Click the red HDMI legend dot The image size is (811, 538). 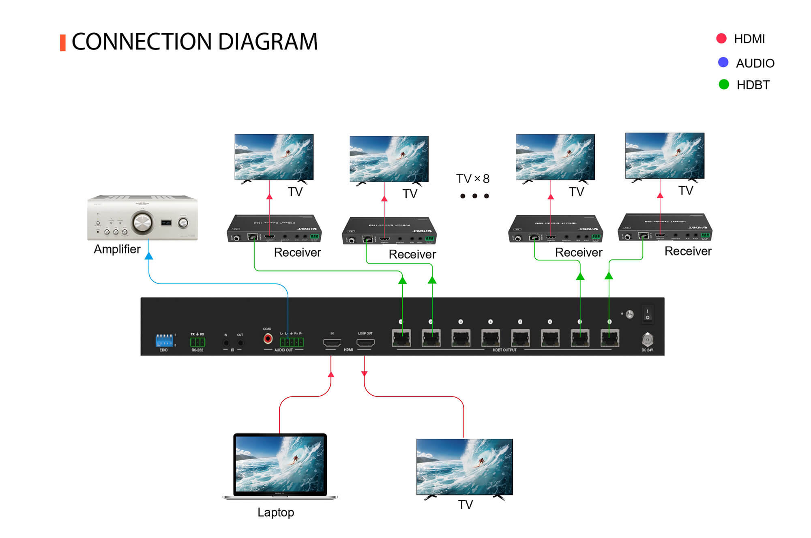(x=721, y=39)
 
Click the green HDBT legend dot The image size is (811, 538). (x=723, y=84)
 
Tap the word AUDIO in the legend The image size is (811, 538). (x=755, y=63)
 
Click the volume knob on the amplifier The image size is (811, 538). (x=142, y=222)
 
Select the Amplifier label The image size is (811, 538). (x=117, y=249)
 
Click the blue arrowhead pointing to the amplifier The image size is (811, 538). (x=149, y=256)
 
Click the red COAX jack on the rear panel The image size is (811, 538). (x=268, y=338)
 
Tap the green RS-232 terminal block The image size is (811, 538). (x=197, y=342)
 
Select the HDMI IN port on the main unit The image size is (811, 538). (x=332, y=343)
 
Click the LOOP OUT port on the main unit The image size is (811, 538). (x=365, y=343)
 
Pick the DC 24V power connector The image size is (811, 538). (x=647, y=339)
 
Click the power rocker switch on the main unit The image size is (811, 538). (x=647, y=314)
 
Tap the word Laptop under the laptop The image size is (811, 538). (x=276, y=512)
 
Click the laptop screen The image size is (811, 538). (x=280, y=464)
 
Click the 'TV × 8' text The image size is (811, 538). (x=473, y=178)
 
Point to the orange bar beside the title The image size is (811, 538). (x=62, y=43)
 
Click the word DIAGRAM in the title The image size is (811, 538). (x=268, y=41)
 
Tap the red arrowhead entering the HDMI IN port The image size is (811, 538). (x=331, y=374)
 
